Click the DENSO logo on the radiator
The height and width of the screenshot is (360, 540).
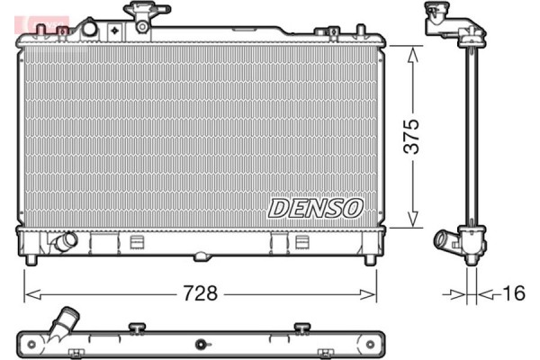[315, 208]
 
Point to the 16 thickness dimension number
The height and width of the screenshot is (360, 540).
[514, 293]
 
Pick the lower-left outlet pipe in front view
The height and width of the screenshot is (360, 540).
[64, 242]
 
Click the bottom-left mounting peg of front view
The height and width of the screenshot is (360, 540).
[31, 259]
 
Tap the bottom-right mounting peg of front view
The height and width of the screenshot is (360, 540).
[369, 259]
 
